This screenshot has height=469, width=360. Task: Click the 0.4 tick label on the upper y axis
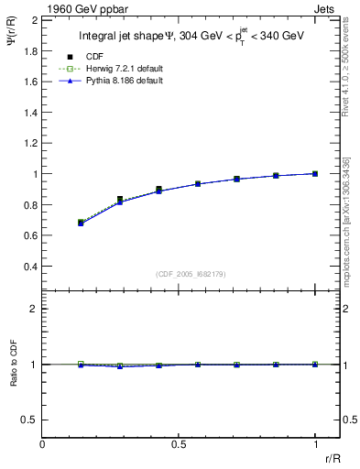30,267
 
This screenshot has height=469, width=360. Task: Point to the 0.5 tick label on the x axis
179,443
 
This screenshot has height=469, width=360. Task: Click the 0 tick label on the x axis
43,443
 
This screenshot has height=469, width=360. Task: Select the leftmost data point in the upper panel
82,223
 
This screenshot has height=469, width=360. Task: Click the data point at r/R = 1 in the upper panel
315,173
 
